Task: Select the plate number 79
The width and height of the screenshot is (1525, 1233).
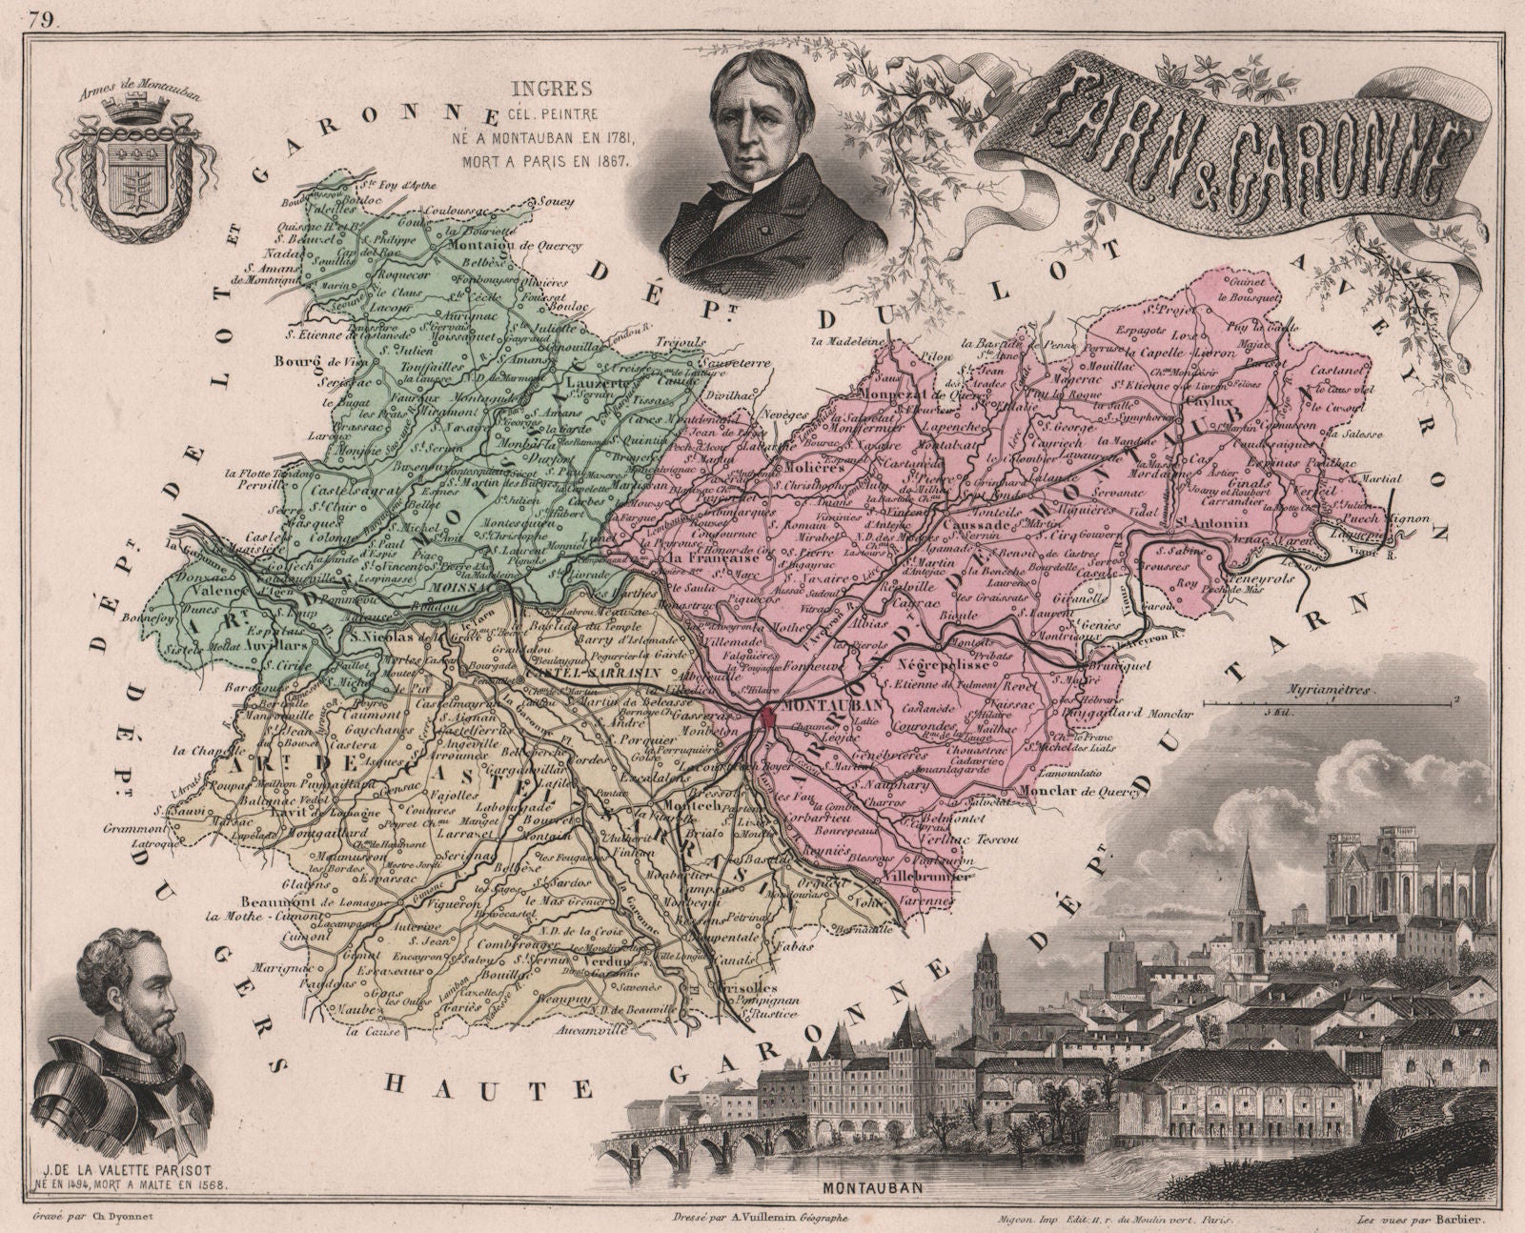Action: point(40,16)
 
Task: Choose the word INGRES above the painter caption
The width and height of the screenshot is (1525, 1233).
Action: point(566,90)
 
